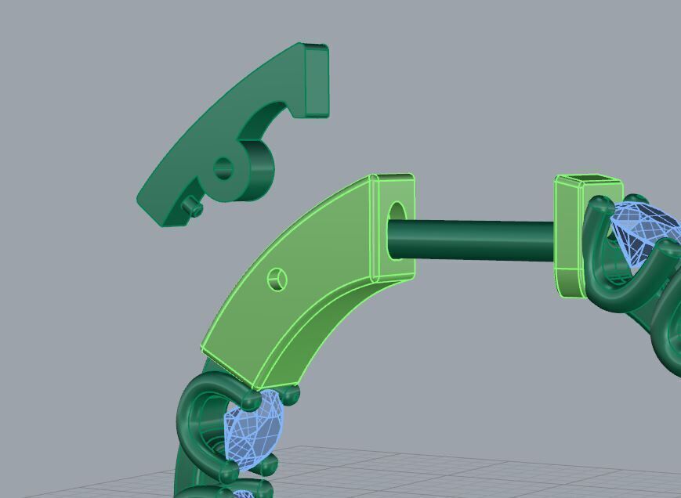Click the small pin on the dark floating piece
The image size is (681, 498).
[190, 206]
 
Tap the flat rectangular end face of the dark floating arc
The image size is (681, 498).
[316, 81]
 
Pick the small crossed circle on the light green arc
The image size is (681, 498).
[277, 279]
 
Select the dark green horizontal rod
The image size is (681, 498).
[470, 240]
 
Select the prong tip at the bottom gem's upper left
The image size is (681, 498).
[251, 400]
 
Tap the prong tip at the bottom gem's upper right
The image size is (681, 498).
[289, 395]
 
